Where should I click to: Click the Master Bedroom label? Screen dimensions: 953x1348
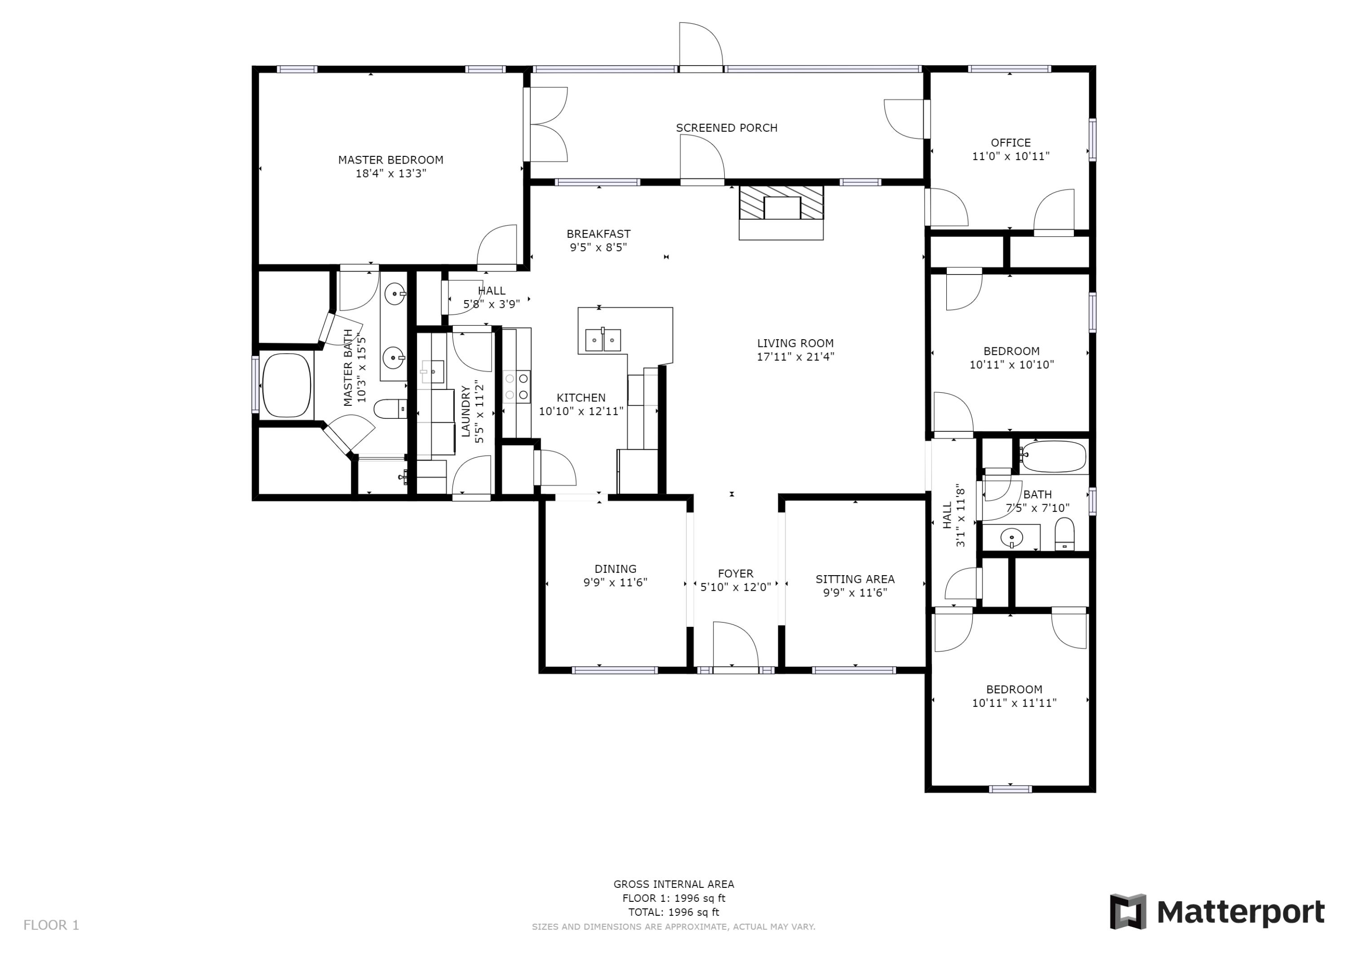pyautogui.click(x=390, y=160)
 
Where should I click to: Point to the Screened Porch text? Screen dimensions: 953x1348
pyautogui.click(x=726, y=128)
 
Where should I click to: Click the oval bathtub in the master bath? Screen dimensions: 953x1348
pyautogui.click(x=287, y=385)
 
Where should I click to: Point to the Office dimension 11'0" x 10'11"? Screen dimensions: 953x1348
pyautogui.click(x=1011, y=156)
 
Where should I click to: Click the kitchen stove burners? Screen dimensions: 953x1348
pyautogui.click(x=517, y=387)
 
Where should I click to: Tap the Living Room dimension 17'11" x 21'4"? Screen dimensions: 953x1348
pyautogui.click(x=795, y=356)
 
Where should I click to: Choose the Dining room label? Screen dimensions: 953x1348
pyautogui.click(x=615, y=568)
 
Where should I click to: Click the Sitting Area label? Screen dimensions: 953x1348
pyautogui.click(x=854, y=579)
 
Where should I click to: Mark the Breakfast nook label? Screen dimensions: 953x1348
pyautogui.click(x=598, y=234)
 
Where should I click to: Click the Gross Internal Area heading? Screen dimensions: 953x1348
pyautogui.click(x=674, y=884)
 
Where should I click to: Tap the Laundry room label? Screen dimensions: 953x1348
pyautogui.click(x=466, y=411)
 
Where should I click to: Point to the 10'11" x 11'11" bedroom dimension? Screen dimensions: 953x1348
pyautogui.click(x=1014, y=702)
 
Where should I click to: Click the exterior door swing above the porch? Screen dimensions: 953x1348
pyautogui.click(x=701, y=46)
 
